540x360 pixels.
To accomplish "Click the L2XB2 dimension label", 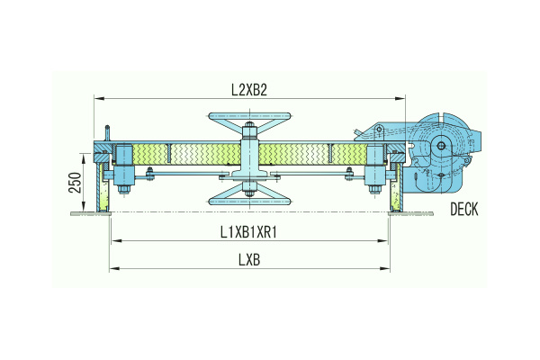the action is [x=249, y=90].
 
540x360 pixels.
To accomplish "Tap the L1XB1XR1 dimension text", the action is [x=248, y=232].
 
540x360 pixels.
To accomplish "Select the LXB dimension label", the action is [x=249, y=260].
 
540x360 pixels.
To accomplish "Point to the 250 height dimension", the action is [x=76, y=183].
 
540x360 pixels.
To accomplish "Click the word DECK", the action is [x=464, y=209].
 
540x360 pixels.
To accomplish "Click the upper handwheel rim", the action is [x=249, y=116].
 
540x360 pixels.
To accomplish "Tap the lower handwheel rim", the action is [x=249, y=202].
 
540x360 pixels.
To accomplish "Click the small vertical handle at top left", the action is [x=107, y=133].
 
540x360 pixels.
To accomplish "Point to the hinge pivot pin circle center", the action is [x=441, y=146].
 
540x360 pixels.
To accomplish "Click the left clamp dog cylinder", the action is [x=123, y=166].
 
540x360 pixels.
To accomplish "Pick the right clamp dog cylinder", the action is [x=375, y=166].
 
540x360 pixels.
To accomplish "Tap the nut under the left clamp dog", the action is [x=123, y=190].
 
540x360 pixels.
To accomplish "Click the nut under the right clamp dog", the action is [x=374, y=190].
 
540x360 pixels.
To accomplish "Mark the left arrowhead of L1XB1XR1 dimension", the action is [x=116, y=240].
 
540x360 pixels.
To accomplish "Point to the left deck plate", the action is [x=91, y=213].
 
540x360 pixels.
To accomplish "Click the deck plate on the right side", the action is [x=410, y=213].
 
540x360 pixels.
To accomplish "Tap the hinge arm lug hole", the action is [x=379, y=130].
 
